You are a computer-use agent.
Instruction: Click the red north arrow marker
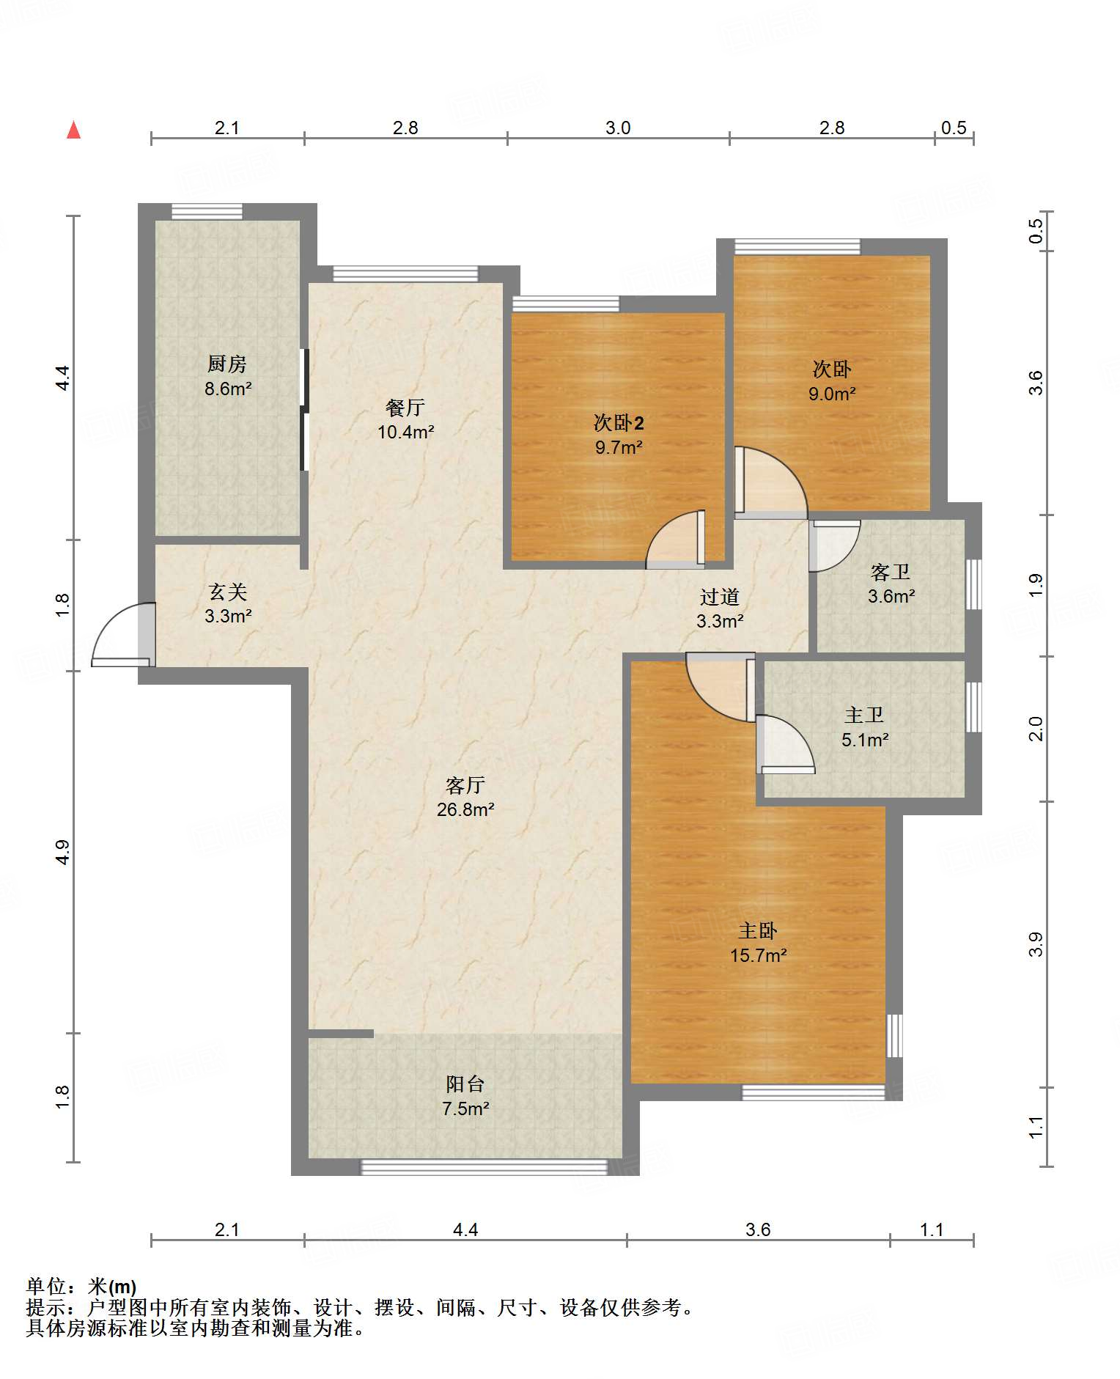click(x=73, y=130)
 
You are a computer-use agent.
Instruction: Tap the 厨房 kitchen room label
click(x=227, y=364)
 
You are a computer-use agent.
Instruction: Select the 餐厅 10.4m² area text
click(x=405, y=432)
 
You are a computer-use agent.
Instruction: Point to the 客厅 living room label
click(x=465, y=785)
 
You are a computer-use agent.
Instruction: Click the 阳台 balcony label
click(x=465, y=1084)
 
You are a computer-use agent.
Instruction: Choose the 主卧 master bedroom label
click(x=757, y=930)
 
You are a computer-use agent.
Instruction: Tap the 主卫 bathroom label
click(x=864, y=715)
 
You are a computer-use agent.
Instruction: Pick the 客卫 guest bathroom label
click(x=890, y=571)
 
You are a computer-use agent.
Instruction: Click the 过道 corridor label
click(x=719, y=597)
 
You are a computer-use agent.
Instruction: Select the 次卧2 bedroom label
click(x=619, y=422)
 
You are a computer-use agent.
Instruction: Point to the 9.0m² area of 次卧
click(x=832, y=394)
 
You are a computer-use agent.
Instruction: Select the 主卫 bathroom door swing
click(x=786, y=744)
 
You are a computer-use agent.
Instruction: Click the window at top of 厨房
click(x=207, y=212)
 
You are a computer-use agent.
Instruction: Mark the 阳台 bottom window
click(x=485, y=1166)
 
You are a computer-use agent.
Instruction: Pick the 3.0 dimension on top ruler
click(x=618, y=128)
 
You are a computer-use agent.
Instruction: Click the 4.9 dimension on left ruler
click(x=62, y=852)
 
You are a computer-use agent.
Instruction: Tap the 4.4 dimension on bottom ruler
click(x=465, y=1229)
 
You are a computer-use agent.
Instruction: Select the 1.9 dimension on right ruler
click(x=1035, y=584)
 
